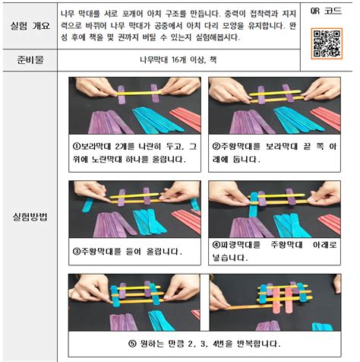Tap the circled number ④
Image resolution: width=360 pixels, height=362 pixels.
216,245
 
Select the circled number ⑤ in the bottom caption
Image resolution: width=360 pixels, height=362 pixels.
134,344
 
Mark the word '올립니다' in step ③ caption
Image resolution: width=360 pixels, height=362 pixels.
159,250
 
